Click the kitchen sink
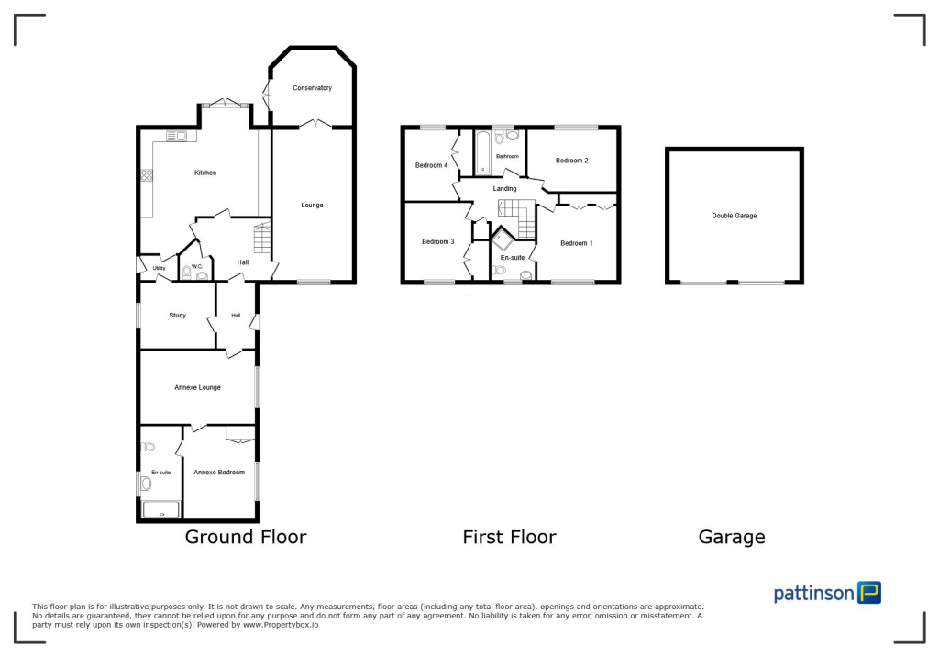[176, 137]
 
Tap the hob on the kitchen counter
[145, 174]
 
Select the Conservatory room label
[312, 88]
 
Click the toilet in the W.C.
[187, 271]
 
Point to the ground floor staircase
[262, 239]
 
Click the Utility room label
[159, 268]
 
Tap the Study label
[177, 316]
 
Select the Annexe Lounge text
[197, 387]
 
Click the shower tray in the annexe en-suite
[161, 510]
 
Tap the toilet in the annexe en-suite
[149, 447]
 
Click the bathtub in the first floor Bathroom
[482, 153]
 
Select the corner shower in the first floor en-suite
[504, 242]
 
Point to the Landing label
[505, 189]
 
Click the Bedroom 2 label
[571, 161]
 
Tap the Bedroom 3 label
[437, 241]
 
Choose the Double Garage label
[734, 216]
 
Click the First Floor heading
[509, 537]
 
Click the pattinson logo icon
[868, 593]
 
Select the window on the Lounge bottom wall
[313, 283]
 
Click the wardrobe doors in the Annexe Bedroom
[239, 440]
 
